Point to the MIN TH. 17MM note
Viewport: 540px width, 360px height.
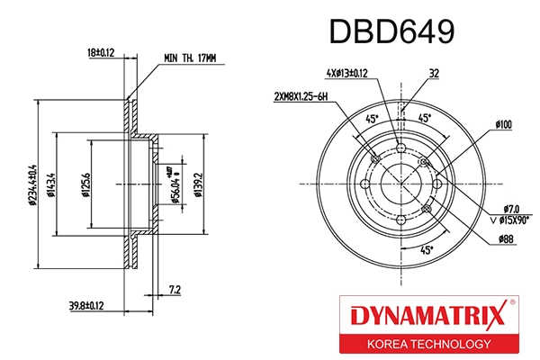tap(191, 58)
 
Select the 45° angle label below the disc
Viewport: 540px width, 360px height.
tap(427, 249)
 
